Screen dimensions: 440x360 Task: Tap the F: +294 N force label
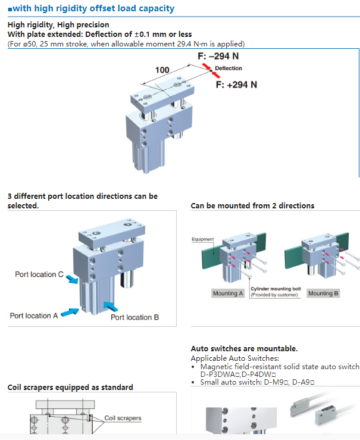click(236, 85)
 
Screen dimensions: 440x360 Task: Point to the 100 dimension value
click(162, 70)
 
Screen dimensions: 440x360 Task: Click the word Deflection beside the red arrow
click(228, 69)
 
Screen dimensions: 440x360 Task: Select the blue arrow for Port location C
click(71, 279)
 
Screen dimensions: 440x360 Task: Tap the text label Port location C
click(39, 274)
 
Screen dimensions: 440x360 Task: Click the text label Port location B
click(134, 317)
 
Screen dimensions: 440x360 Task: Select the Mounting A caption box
click(228, 294)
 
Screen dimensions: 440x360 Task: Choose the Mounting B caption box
click(323, 294)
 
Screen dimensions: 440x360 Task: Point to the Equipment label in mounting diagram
click(202, 239)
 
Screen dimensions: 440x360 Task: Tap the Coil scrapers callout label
click(123, 418)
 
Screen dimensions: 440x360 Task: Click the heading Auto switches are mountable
click(244, 349)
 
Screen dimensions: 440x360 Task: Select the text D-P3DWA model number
click(218, 375)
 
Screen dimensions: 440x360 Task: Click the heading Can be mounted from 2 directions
click(252, 206)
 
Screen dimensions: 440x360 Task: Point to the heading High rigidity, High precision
click(58, 25)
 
